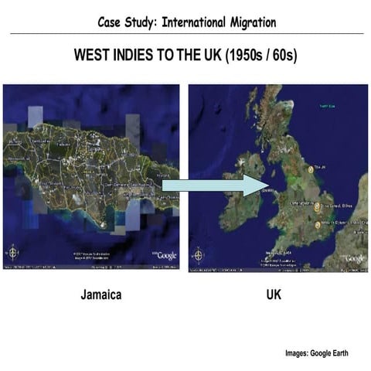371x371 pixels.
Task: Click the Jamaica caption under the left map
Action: coord(100,295)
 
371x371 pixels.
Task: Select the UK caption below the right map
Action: coord(274,295)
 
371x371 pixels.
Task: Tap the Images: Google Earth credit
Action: coord(317,353)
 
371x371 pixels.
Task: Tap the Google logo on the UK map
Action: coord(354,257)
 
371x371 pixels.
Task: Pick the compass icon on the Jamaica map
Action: coord(13,252)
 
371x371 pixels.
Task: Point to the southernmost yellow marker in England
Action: coord(318,225)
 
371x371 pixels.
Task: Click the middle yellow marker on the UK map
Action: coord(318,206)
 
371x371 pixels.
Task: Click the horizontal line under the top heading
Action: coord(185,34)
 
